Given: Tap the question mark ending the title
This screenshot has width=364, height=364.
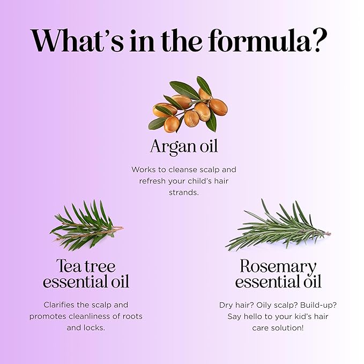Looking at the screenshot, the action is [320, 40].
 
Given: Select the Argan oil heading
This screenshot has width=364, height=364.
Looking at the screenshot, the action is [184, 147].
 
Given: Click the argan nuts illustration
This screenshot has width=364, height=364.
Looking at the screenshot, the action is [188, 105].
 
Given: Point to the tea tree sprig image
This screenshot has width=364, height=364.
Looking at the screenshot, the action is [87, 225].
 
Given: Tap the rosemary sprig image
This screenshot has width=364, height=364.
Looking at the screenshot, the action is [278, 225].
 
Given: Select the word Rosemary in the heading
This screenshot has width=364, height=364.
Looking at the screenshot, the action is [278, 266].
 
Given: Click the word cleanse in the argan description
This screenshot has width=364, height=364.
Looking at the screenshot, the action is [183, 169].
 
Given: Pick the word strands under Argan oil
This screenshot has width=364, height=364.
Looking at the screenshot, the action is [184, 192].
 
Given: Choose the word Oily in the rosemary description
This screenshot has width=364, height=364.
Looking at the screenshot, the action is [263, 305].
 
